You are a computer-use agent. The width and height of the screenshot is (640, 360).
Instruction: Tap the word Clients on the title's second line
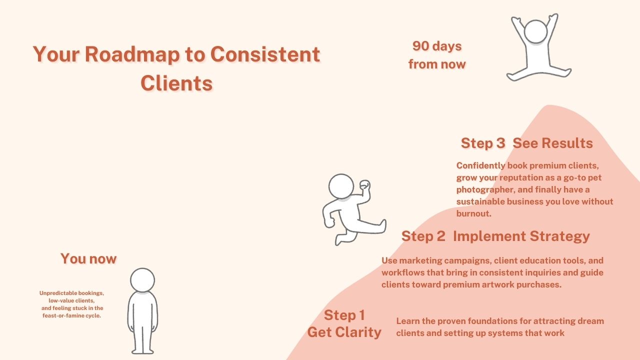point(176,83)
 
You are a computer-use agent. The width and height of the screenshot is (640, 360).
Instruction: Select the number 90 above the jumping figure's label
point(421,46)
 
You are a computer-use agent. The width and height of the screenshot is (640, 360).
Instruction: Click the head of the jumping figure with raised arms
point(535,31)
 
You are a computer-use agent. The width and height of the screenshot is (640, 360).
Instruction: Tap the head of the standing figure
point(142,280)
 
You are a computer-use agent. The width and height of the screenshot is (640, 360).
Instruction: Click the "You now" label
point(88,258)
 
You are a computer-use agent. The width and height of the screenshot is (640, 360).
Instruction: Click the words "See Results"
point(552,143)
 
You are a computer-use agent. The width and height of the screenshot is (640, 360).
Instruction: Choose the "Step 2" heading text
point(423,236)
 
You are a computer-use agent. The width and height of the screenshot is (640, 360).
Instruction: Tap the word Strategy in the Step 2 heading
point(559,237)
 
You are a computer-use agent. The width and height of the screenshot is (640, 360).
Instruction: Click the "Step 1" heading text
point(344,315)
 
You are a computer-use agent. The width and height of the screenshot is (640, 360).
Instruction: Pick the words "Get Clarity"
point(344,332)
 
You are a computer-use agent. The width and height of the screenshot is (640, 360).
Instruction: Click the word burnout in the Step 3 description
point(473,213)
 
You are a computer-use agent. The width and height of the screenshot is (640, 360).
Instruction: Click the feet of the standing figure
point(142,351)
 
